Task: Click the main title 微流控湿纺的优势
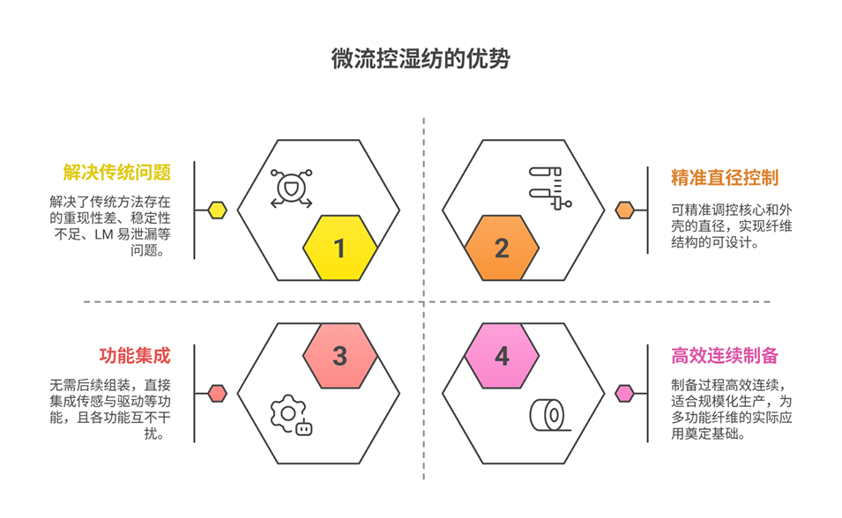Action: point(421,60)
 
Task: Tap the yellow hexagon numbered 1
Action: point(340,248)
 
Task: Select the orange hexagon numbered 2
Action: point(501,248)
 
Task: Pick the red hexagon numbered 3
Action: point(340,356)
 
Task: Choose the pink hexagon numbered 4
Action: point(501,356)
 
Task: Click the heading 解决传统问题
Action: point(116,172)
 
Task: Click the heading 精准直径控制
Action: point(725,177)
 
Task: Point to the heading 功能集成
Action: point(134,356)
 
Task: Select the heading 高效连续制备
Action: point(725,356)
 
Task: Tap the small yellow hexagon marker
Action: point(217,210)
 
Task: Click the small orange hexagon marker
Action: point(625,210)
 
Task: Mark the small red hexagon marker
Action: point(217,393)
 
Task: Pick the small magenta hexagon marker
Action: point(625,393)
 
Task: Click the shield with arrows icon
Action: point(291,189)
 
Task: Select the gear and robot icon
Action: point(291,416)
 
